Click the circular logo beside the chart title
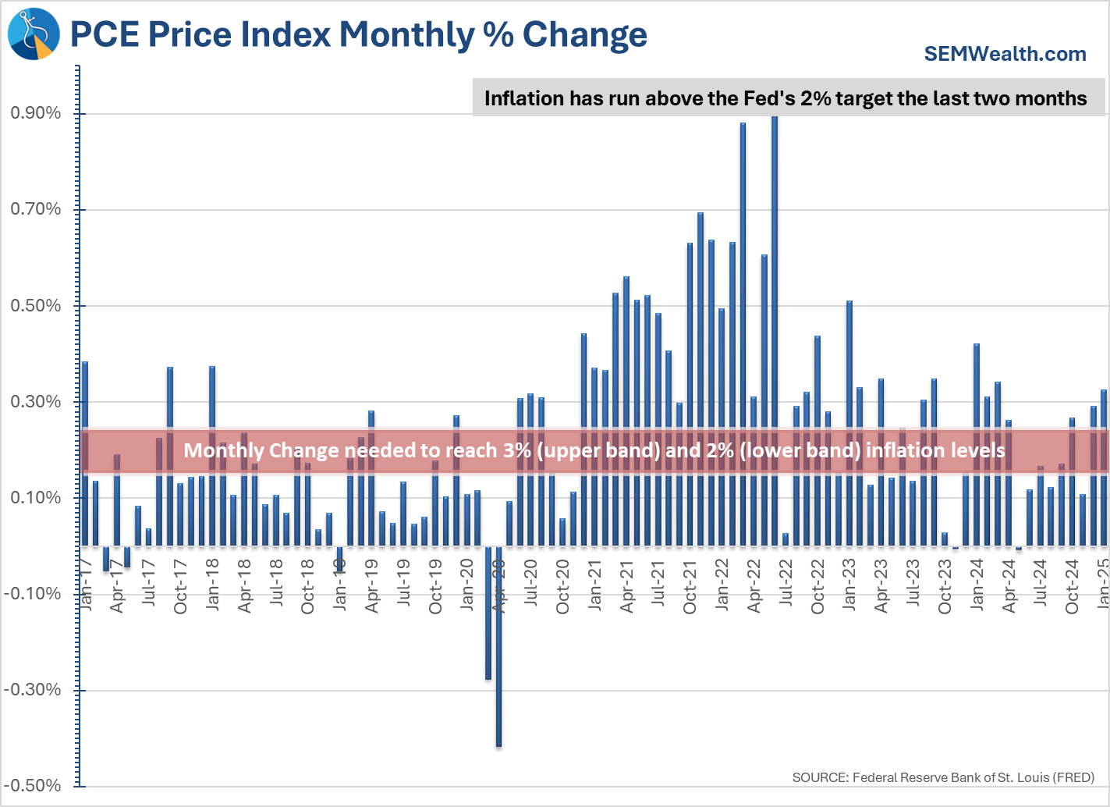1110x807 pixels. tap(34, 34)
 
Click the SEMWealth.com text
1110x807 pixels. tap(1005, 54)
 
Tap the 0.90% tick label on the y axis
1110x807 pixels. tap(35, 113)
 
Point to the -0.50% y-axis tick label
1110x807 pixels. tap(32, 786)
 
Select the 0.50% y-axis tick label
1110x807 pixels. tap(35, 306)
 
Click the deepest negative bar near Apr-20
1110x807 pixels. tap(498, 648)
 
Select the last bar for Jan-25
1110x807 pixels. tap(1104, 468)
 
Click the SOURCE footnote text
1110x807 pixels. tap(943, 777)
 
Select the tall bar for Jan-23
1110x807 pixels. tap(849, 421)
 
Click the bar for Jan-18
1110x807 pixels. tap(212, 457)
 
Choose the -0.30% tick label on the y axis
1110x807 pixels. tap(32, 690)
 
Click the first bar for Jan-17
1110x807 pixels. tap(85, 453)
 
